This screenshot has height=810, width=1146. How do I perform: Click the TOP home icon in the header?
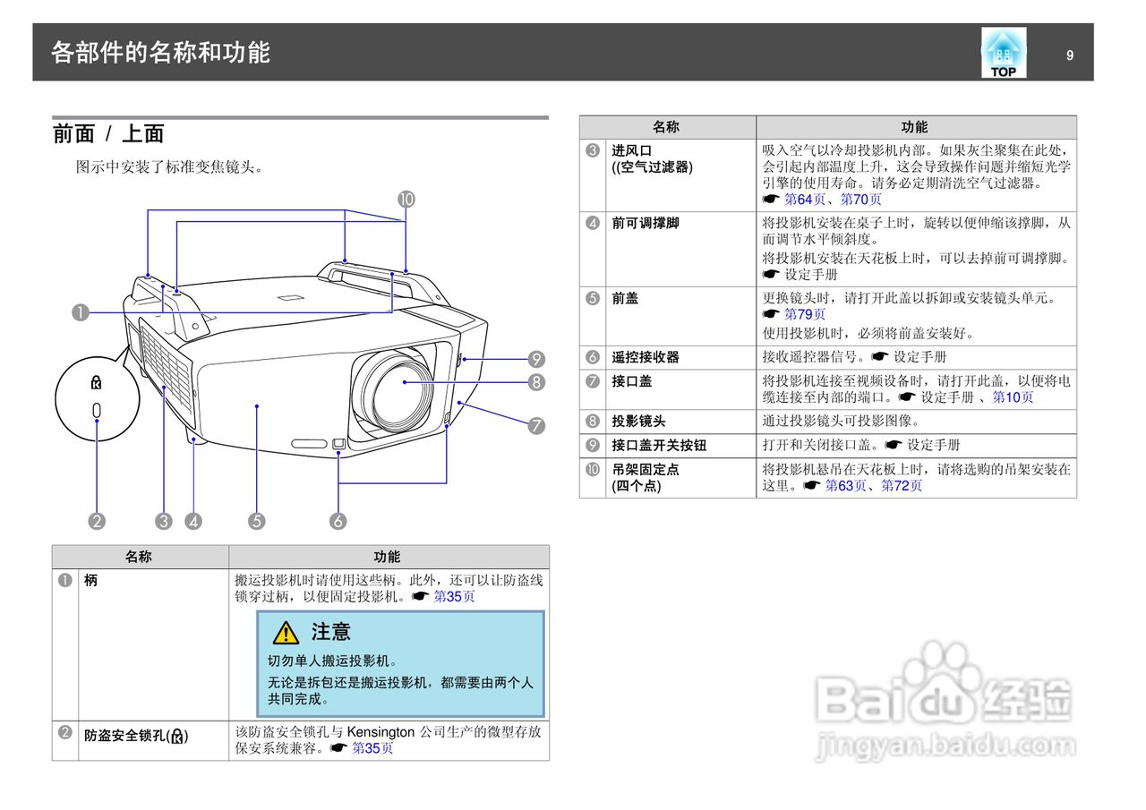1003,53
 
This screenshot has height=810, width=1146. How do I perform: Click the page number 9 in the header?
1069,55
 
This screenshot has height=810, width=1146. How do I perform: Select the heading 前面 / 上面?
108,134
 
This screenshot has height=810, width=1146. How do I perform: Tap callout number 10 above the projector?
406,200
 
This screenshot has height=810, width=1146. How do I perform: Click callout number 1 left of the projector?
81,312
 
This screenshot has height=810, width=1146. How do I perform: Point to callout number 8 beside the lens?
536,383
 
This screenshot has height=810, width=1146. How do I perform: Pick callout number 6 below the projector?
338,521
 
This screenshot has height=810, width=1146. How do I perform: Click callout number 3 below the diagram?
163,521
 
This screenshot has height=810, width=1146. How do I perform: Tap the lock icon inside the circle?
97,383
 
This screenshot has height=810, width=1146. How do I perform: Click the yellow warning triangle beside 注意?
286,633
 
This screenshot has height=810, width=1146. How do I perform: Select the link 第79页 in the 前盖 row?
805,314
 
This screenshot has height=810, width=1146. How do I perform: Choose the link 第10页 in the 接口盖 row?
1013,397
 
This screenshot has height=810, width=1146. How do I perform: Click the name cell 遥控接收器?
645,357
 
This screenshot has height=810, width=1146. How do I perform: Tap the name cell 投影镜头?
638,421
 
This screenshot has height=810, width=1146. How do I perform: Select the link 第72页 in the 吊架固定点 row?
902,486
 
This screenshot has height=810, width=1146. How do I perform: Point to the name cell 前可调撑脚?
645,223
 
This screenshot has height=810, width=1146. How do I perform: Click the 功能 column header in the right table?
914,127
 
